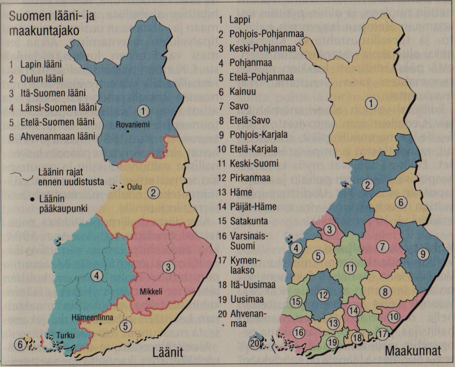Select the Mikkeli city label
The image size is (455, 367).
(149, 292)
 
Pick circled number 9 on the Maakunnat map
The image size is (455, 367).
(423, 253)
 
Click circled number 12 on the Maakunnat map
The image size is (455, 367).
(322, 295)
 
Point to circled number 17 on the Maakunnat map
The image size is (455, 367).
(382, 334)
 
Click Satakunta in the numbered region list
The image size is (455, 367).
(243, 221)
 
